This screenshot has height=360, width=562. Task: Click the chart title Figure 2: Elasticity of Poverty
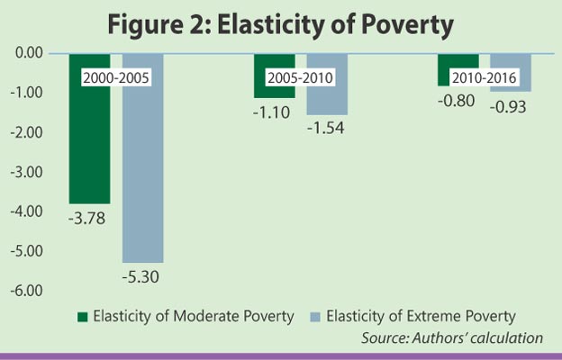tap(280, 24)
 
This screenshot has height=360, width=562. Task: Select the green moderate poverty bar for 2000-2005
tap(89, 144)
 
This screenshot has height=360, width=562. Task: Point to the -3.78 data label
tap(88, 217)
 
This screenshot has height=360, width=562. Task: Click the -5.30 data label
tap(141, 277)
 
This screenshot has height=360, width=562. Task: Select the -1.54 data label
tap(325, 129)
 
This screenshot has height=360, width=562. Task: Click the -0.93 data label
tap(509, 105)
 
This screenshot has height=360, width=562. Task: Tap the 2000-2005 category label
tap(115, 77)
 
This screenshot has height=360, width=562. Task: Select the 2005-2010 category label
tap(300, 77)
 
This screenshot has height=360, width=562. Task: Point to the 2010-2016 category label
tap(484, 77)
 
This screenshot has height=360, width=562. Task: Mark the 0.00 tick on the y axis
tap(29, 53)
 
